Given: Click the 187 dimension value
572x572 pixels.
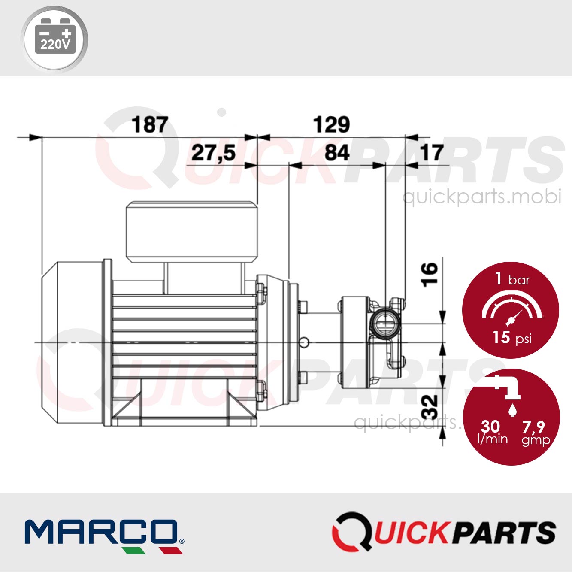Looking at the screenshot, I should coord(150,125).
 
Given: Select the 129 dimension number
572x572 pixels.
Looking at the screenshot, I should coord(331,125).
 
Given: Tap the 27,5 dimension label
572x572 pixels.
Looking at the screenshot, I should coord(213,153).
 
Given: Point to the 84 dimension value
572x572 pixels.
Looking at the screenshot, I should coord(337,153).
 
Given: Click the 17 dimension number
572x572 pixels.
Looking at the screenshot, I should coord(431,153).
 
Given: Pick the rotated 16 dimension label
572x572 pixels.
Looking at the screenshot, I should coord(429,274).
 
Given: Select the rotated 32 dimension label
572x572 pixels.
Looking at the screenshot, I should coord(429,407).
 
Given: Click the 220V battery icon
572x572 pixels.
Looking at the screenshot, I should coord(54,39).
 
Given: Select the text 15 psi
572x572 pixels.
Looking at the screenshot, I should coord(511,338).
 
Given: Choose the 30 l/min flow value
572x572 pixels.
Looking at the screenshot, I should coord(492,431).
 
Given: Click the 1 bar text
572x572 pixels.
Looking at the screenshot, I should coord(512,279).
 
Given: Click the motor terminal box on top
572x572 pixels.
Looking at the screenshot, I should coord(191,232).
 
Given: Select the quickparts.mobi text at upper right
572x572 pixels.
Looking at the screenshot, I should coord(481,197).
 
